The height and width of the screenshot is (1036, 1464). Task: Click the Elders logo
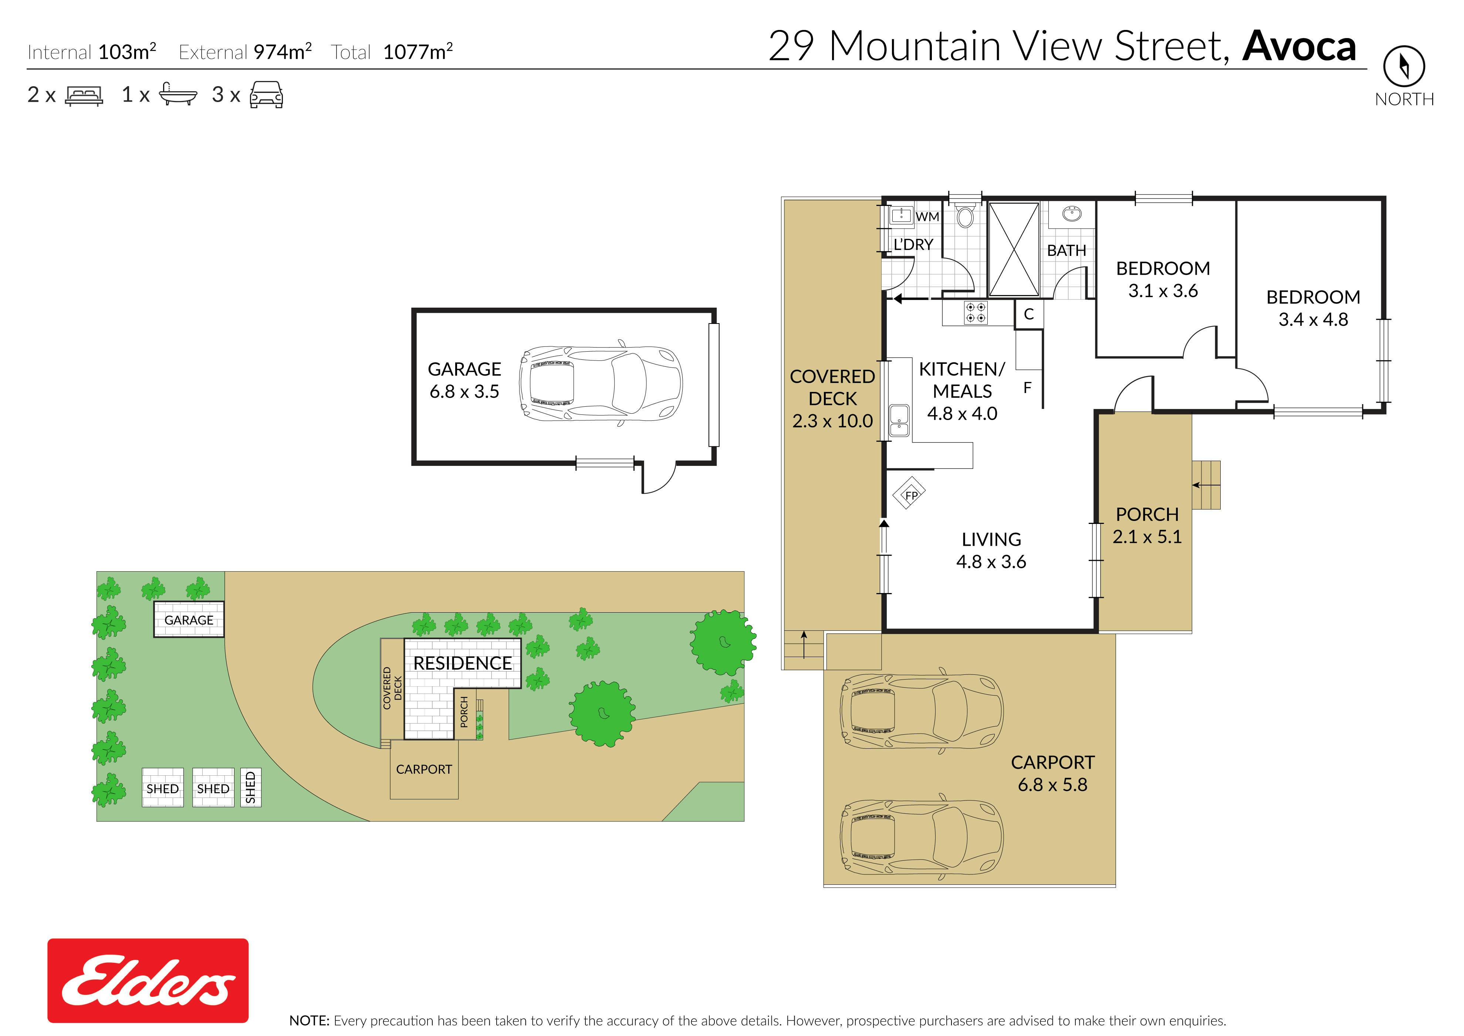148,981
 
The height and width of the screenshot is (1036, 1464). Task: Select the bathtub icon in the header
177,94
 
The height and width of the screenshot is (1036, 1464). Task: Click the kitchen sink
899,420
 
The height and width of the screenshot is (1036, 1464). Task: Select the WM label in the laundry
927,217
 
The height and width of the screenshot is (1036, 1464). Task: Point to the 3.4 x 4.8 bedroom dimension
1313,319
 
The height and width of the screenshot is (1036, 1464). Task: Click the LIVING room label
991,540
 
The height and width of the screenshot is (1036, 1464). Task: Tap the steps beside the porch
1206,485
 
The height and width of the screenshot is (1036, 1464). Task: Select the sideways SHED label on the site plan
251,788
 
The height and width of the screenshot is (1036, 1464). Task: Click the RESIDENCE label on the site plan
463,663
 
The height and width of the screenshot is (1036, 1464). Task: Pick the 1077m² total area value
418,51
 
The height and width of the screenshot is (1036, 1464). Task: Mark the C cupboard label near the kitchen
1028,314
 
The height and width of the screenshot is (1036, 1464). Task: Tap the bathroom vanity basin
1072,215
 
